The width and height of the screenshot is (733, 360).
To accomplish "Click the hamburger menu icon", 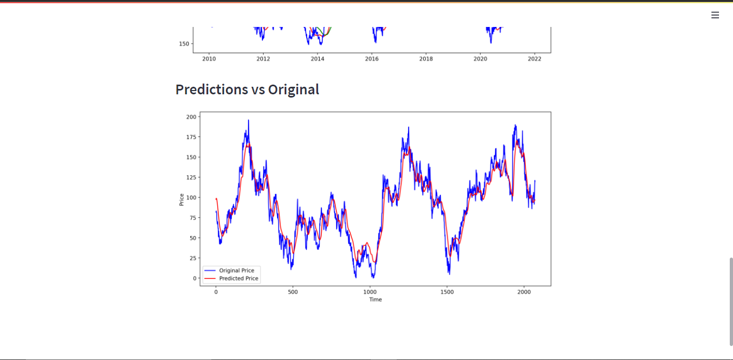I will coord(715,15).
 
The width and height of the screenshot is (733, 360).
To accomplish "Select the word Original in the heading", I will coord(293,89).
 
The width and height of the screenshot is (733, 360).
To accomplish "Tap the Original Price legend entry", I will coord(236,271).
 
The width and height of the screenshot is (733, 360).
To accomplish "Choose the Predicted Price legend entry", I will coord(238,279).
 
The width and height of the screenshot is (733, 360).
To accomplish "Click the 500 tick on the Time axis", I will coord(293,292).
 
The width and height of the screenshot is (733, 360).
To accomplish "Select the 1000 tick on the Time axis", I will coord(370,292).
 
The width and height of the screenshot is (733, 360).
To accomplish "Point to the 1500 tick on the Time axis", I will coord(447,292).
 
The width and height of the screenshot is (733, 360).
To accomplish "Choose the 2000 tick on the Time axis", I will coord(524,292).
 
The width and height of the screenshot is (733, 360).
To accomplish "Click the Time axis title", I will coord(375,300).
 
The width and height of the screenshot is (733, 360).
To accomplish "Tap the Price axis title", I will coord(182,199).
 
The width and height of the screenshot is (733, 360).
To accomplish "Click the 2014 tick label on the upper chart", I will coord(317,59).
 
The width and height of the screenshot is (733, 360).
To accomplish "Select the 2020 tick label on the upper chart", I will coord(480,59).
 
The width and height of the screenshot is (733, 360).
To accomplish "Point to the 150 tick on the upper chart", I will coord(184,44).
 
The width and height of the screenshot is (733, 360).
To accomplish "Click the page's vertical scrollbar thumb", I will coord(731,302).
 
